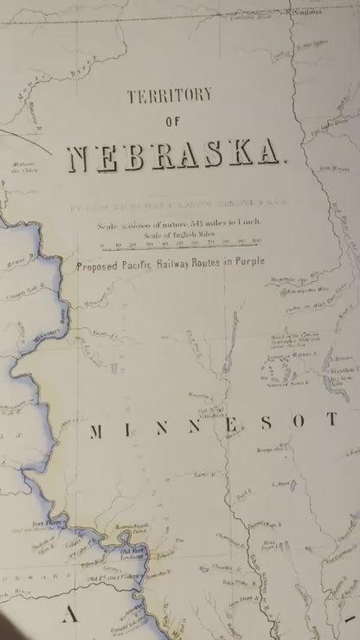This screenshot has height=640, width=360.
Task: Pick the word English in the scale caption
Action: click(x=176, y=234)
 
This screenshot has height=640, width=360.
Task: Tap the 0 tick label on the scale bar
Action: click(x=102, y=244)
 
